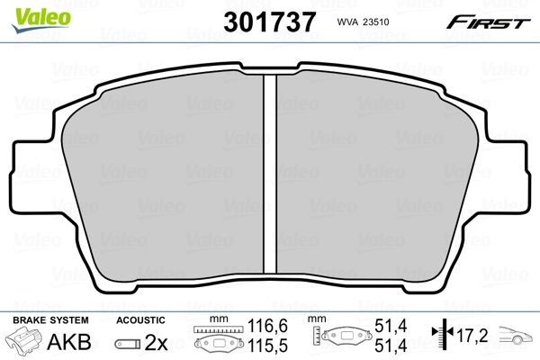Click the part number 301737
269,22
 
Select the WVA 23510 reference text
363,22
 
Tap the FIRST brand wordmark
488,22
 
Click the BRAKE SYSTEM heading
50,320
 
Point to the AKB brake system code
69,341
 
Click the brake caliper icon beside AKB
23,340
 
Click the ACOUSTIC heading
140,320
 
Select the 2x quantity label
156,342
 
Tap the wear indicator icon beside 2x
128,344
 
